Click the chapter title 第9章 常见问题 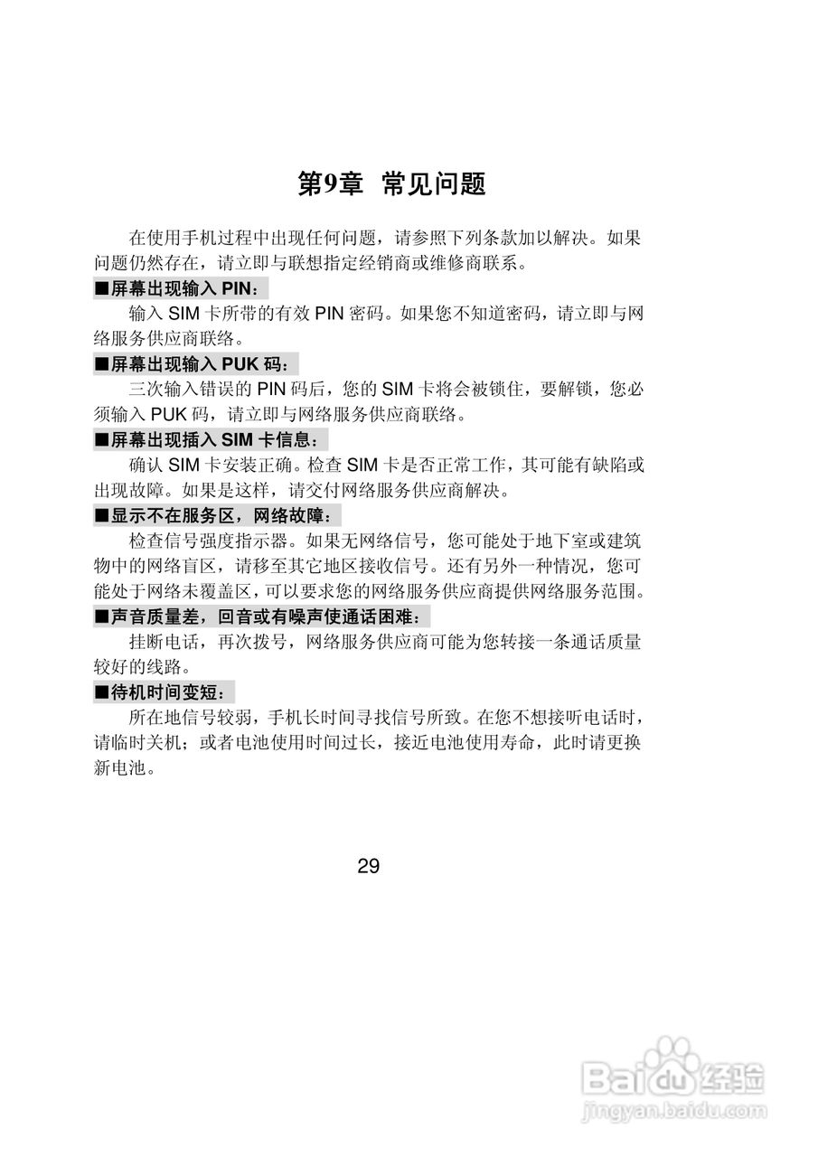pyautogui.click(x=391, y=184)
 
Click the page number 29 pyautogui.click(x=368, y=866)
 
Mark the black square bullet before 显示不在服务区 pyautogui.click(x=101, y=517)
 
